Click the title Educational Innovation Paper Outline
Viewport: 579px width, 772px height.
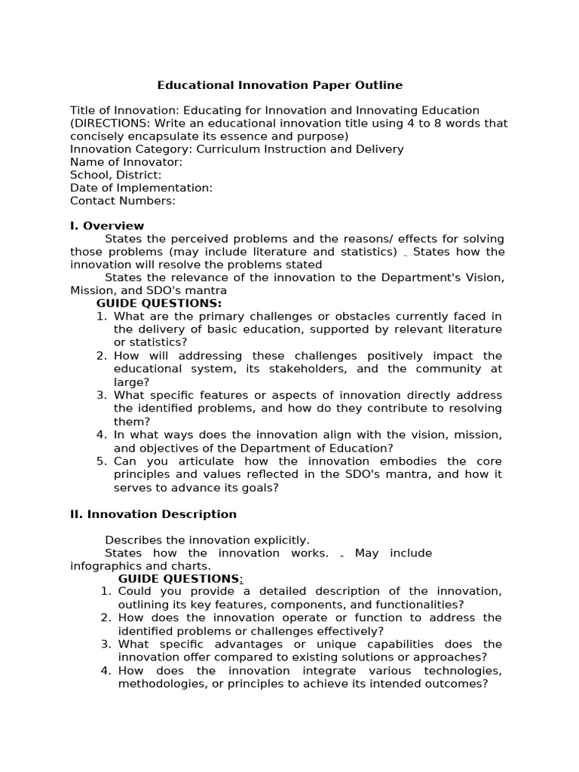click(x=280, y=85)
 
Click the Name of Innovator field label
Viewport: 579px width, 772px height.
click(x=126, y=162)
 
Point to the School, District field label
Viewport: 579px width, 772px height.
click(x=115, y=175)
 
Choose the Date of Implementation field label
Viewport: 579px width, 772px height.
click(x=141, y=188)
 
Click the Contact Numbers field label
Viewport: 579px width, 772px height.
click(x=122, y=201)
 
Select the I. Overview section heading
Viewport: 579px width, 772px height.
click(x=106, y=225)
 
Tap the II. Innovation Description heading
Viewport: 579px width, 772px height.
click(x=153, y=514)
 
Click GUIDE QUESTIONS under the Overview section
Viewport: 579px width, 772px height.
click(x=159, y=303)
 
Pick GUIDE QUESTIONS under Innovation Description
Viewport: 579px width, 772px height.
click(x=179, y=578)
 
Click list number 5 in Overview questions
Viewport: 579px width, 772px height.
click(x=102, y=461)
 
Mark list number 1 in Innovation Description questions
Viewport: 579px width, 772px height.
click(x=106, y=592)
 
